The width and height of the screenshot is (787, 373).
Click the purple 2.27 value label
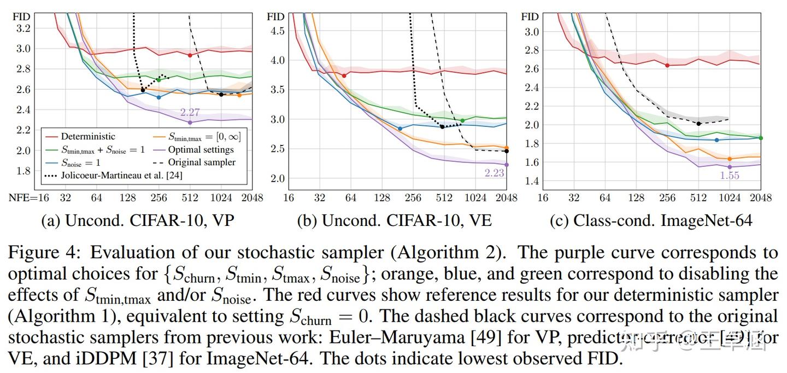coord(190,113)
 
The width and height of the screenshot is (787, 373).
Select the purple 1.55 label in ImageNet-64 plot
coord(730,175)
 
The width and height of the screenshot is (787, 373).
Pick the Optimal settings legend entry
coord(201,149)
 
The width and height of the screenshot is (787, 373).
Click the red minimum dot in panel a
coord(190,55)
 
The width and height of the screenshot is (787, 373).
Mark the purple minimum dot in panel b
coord(507,165)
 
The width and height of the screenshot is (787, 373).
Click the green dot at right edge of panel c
coord(760,138)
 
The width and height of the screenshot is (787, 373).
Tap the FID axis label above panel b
coord(275,16)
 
